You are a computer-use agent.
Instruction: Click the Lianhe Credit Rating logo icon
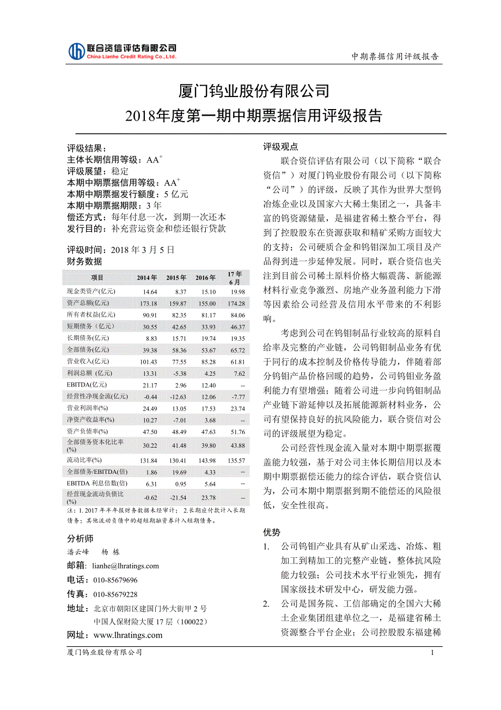(76, 51)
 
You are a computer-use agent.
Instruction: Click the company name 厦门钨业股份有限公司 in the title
(254, 91)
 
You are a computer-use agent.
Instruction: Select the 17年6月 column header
(235, 278)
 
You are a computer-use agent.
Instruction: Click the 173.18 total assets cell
(148, 303)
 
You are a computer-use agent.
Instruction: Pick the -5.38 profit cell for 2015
(178, 373)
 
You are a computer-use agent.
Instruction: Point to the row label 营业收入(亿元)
(88, 362)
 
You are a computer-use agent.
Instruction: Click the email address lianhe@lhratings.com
(126, 566)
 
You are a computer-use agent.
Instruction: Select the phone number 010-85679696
(115, 580)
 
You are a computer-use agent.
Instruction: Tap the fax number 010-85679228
(115, 594)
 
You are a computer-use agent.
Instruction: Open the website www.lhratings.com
(128, 635)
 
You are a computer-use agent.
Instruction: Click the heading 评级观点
(280, 147)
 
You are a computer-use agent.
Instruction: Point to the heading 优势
(272, 532)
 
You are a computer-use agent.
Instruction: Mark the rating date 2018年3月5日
(142, 250)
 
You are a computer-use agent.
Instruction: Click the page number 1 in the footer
(432, 653)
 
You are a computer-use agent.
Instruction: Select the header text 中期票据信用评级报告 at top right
(395, 56)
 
